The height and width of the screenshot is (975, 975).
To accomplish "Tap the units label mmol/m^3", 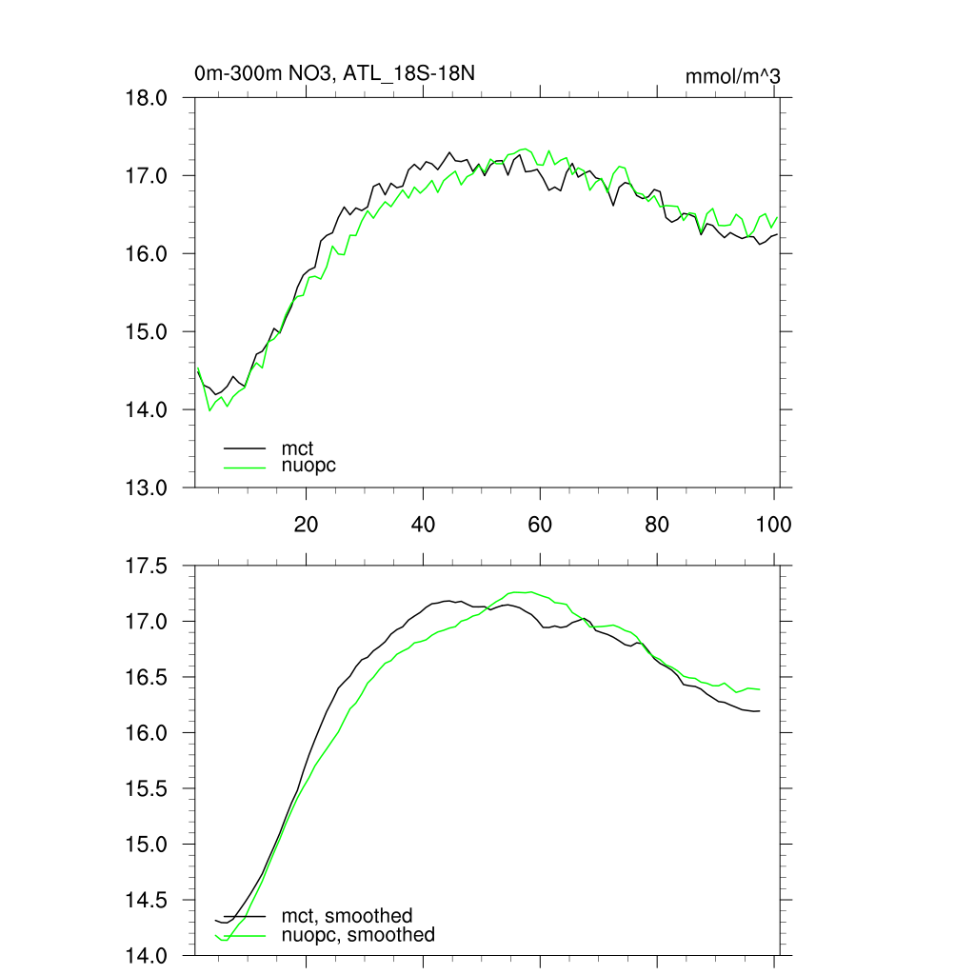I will pyautogui.click(x=732, y=76).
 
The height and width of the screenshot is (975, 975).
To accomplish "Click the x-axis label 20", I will pyautogui.click(x=307, y=523).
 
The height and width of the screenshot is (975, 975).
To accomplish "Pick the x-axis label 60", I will pyautogui.click(x=540, y=523).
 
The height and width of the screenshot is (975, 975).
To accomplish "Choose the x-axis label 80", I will pyautogui.click(x=657, y=523).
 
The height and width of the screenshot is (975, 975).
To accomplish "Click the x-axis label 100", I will pyautogui.click(x=772, y=523).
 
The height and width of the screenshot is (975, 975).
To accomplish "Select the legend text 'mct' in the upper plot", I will pyautogui.click(x=297, y=448).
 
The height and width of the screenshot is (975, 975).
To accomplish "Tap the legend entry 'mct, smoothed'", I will pyautogui.click(x=347, y=917).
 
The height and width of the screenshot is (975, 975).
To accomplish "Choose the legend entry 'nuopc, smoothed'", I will pyautogui.click(x=357, y=935).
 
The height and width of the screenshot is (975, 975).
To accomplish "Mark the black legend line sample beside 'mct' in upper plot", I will pyautogui.click(x=245, y=448).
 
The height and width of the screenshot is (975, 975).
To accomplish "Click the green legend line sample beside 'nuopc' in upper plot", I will pyautogui.click(x=245, y=466).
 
